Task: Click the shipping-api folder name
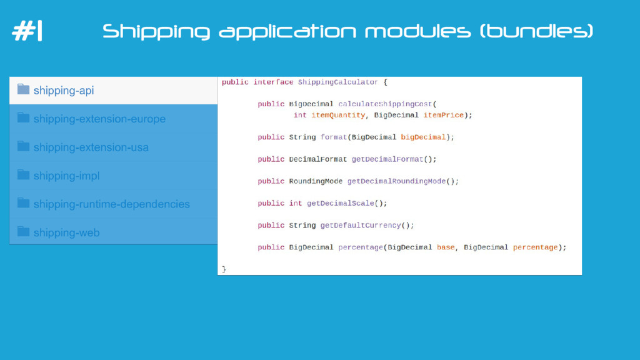pos(64,91)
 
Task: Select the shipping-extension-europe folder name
pos(99,119)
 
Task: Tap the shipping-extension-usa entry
pos(91,147)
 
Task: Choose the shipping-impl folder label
pos(66,176)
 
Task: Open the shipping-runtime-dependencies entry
pos(111,204)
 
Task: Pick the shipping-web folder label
pos(66,232)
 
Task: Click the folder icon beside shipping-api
pos(24,89)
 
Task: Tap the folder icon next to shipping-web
pos(24,231)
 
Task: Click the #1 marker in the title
pos(27,31)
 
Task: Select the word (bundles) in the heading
pos(536,31)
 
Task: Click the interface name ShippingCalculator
pos(338,82)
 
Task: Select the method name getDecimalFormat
pos(387,159)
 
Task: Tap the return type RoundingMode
pos(316,181)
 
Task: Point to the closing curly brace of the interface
pos(224,269)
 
